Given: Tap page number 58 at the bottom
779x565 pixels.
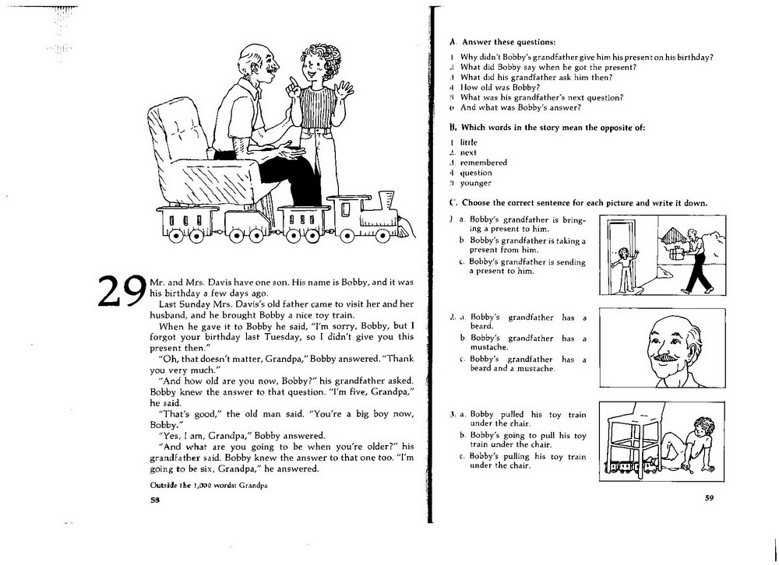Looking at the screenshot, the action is (x=154, y=500).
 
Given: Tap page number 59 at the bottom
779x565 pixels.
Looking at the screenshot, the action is (x=709, y=497).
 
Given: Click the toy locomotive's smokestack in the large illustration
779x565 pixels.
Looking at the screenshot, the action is (x=386, y=199).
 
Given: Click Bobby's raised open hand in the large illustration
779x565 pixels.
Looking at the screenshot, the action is (x=344, y=90).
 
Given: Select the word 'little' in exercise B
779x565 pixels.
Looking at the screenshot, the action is (x=468, y=142).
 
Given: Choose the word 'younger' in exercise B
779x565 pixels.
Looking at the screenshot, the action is (x=475, y=183).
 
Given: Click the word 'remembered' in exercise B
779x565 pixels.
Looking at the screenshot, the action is (x=484, y=163).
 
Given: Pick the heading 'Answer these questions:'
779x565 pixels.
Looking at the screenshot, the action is (x=509, y=42).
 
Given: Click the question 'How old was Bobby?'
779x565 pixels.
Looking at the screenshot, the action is (x=500, y=87).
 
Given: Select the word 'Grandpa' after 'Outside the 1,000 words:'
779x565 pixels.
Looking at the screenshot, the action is (x=253, y=486).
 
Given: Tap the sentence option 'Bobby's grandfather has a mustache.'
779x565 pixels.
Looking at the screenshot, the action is (x=528, y=342).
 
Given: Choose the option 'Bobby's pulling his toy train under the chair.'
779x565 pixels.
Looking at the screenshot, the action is (x=527, y=461).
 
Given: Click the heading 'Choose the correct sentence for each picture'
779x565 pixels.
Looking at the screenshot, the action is (x=585, y=202).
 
